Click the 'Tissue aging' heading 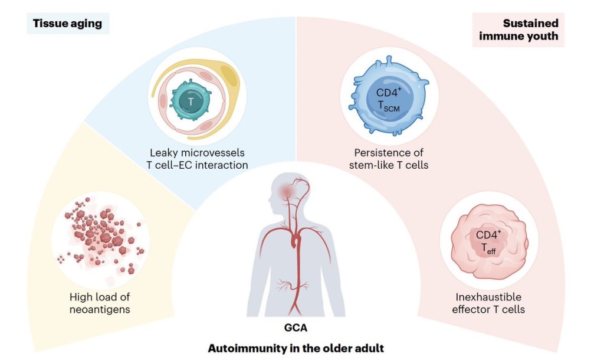point(68,24)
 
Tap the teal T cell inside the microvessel point(191,102)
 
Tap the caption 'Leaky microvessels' point(197,153)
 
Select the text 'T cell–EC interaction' point(197,165)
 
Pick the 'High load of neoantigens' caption point(97,303)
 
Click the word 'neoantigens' point(97,309)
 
